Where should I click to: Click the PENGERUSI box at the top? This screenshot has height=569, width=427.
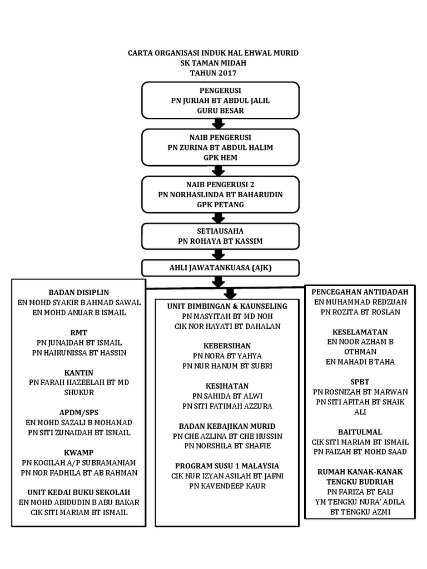pyautogui.click(x=220, y=101)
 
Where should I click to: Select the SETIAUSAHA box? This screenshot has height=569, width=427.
pyautogui.click(x=220, y=236)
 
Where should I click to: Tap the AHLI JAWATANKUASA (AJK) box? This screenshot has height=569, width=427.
pyautogui.click(x=220, y=268)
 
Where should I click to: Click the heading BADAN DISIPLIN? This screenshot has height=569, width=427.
pyautogui.click(x=79, y=292)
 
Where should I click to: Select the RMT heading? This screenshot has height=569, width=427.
pyautogui.click(x=79, y=332)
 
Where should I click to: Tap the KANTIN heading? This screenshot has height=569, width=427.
pyautogui.click(x=78, y=372)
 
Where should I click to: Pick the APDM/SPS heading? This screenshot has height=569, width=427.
pyautogui.click(x=79, y=412)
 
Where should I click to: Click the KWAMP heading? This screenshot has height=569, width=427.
pyautogui.click(x=79, y=452)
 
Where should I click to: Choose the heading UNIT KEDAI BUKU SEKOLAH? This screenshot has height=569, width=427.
pyautogui.click(x=79, y=492)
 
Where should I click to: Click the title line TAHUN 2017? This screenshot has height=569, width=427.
pyautogui.click(x=213, y=73)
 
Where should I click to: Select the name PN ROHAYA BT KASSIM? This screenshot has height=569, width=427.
pyautogui.click(x=220, y=241)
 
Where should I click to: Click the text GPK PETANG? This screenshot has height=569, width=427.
pyautogui.click(x=220, y=204)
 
